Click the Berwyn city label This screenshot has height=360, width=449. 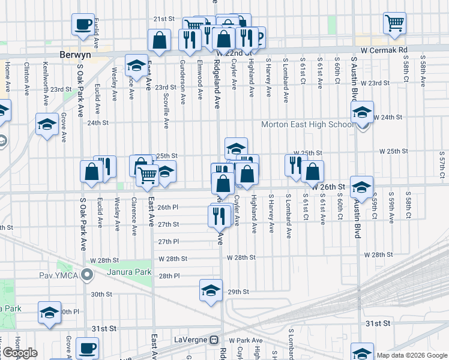click(x=75, y=54)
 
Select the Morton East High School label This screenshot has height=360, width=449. click(x=307, y=125)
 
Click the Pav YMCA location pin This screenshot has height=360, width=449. click(x=88, y=276)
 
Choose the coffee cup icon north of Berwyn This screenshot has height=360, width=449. click(x=83, y=25)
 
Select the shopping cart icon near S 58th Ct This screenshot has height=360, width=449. click(x=395, y=23)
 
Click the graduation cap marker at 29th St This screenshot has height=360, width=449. click(x=211, y=290)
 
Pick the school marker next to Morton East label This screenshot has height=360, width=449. click(x=362, y=112)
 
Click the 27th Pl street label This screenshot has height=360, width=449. click(x=169, y=241)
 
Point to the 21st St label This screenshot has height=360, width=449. click(x=163, y=19)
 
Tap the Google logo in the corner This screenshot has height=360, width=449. click(x=19, y=353)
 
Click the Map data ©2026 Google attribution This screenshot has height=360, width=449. click(x=411, y=355)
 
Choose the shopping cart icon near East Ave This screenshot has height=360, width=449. click(x=147, y=175)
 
